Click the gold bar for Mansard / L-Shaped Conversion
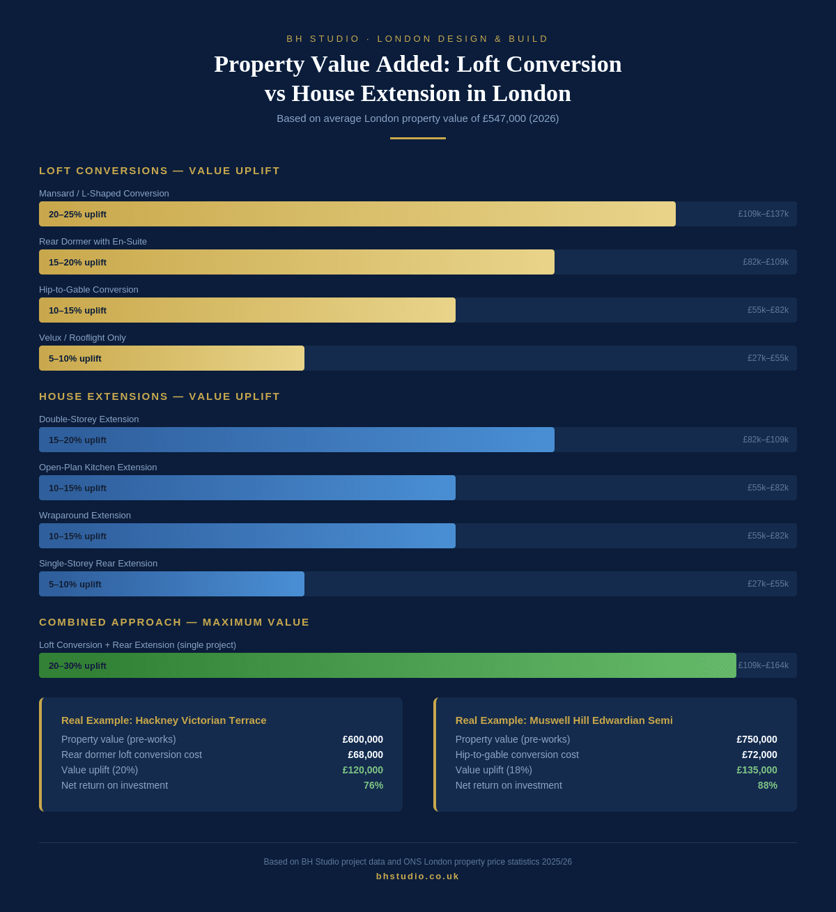click(x=357, y=214)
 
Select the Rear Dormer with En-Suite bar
click(x=297, y=262)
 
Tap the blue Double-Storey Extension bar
click(x=297, y=440)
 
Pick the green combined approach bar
click(x=387, y=665)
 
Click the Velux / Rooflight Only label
click(x=82, y=338)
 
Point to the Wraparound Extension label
click(x=85, y=516)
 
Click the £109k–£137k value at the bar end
click(x=763, y=214)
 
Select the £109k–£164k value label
click(x=764, y=665)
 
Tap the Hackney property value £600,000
click(x=362, y=739)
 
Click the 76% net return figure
click(x=373, y=785)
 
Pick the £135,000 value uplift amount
click(x=757, y=770)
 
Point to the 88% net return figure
click(x=768, y=785)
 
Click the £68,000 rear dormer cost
click(x=365, y=755)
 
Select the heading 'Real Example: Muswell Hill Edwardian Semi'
click(x=564, y=720)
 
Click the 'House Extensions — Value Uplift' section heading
click(x=160, y=396)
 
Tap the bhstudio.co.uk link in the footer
click(x=418, y=876)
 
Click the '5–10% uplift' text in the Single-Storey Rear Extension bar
click(x=75, y=584)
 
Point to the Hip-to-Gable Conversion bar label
click(x=88, y=290)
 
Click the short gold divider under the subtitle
click(x=418, y=138)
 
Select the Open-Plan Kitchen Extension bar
click(x=247, y=488)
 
